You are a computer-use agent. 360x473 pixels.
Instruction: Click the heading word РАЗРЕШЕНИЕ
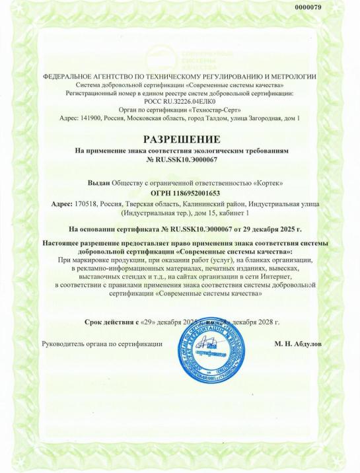(x=180, y=139)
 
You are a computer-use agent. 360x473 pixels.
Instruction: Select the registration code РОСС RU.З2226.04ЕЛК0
(x=180, y=101)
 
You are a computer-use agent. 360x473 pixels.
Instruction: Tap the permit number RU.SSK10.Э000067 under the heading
(x=185, y=160)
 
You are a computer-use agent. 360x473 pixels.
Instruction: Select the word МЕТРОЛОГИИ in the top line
(x=291, y=77)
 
